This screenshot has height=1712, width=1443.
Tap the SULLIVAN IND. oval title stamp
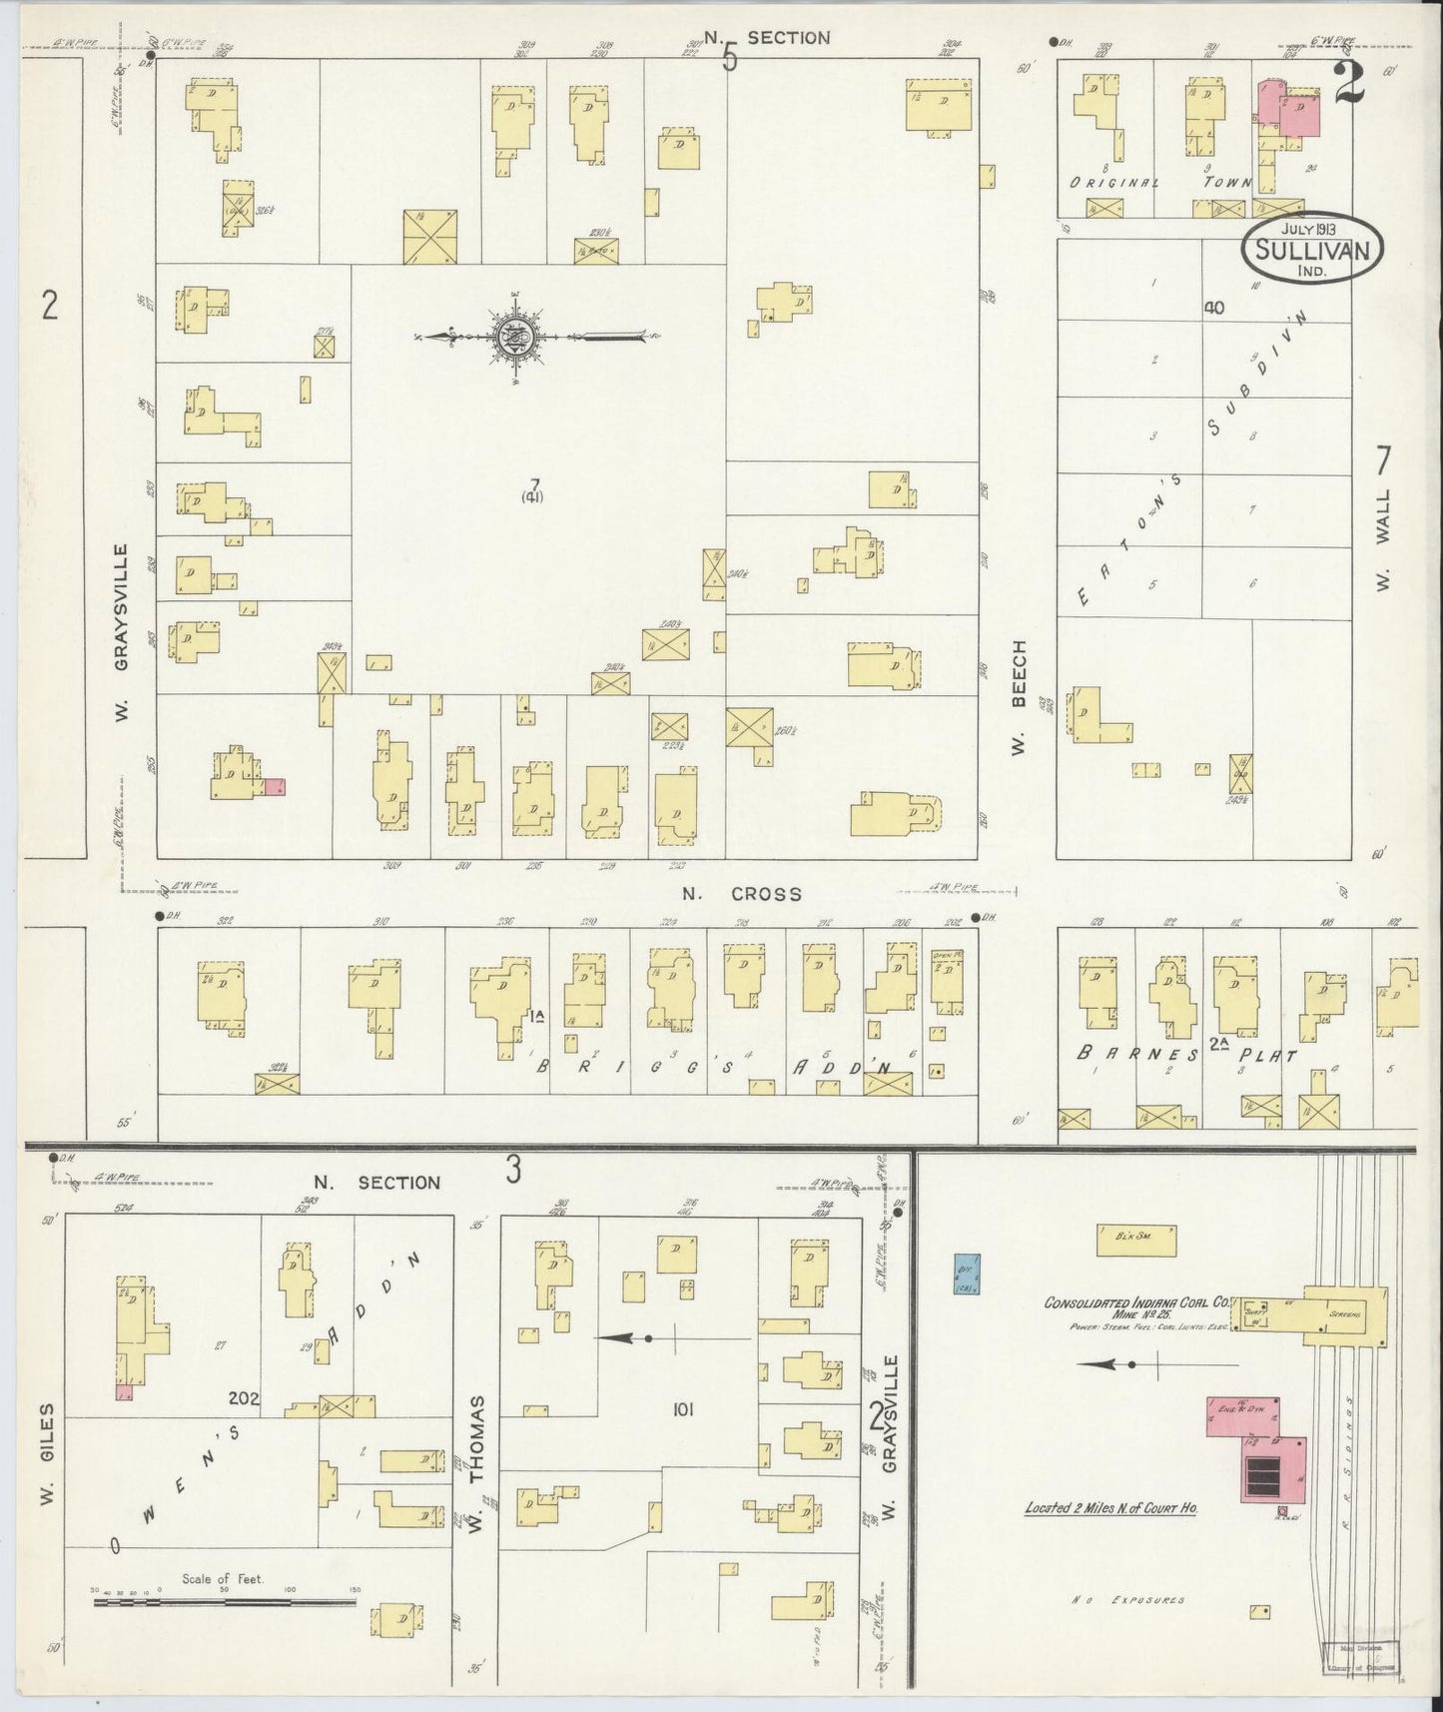pyautogui.click(x=1311, y=247)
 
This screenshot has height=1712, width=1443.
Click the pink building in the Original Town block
pyautogui.click(x=1288, y=112)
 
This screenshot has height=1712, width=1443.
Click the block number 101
pyautogui.click(x=683, y=1409)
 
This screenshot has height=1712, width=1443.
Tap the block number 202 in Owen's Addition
pyautogui.click(x=243, y=1398)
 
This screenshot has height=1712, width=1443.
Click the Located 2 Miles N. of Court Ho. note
pyautogui.click(x=1110, y=1508)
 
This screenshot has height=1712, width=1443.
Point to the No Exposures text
pyautogui.click(x=1128, y=1600)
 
